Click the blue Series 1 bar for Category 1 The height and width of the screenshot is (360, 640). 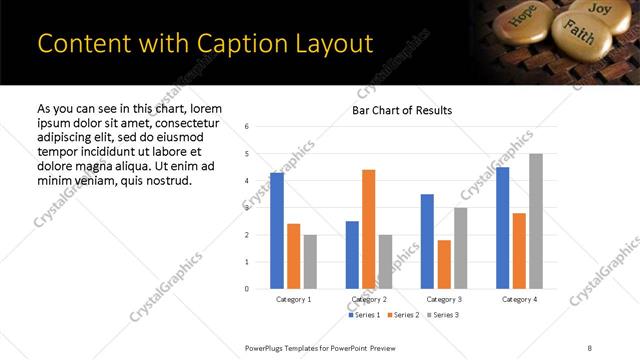click(277, 230)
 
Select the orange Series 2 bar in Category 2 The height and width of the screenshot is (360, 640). click(368, 229)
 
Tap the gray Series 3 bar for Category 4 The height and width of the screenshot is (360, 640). click(536, 221)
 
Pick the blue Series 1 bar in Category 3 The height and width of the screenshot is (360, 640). click(427, 241)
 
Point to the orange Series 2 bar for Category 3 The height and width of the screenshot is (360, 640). click(444, 264)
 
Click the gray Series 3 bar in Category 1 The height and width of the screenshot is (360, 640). click(310, 261)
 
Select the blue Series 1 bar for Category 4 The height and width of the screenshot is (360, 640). click(502, 228)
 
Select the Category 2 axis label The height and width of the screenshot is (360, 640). click(368, 299)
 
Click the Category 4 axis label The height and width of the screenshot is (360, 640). click(519, 299)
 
